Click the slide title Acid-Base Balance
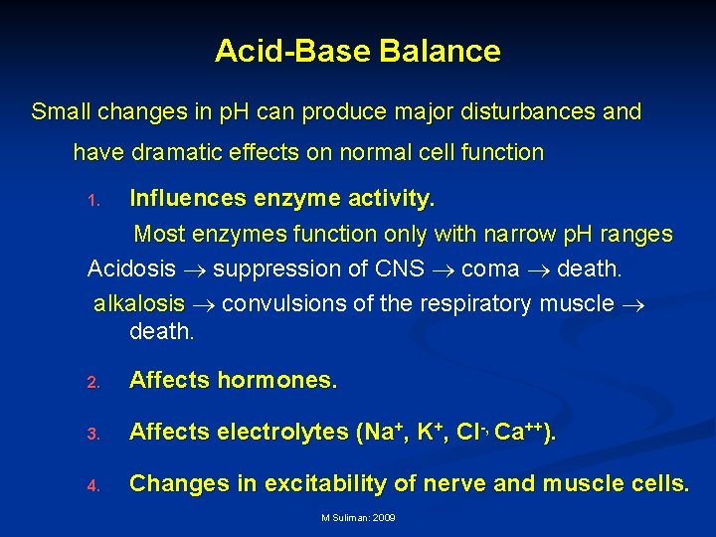click(x=357, y=51)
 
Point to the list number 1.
click(x=93, y=201)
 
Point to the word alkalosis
click(x=139, y=303)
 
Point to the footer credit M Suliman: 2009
click(x=358, y=519)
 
